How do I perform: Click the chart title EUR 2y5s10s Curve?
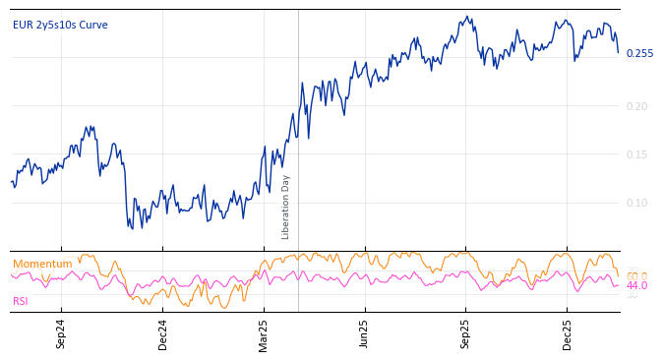pos(60,25)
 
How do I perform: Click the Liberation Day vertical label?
pos(285,207)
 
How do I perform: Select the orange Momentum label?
pos(42,264)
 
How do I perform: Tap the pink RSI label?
pos(21,301)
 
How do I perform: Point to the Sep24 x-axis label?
pos(61,334)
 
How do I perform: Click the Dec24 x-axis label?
pos(162,334)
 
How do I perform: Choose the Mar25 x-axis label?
pos(263,334)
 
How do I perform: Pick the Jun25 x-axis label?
pos(364,334)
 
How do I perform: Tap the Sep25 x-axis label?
pos(465,334)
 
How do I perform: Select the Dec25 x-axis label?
pos(567,334)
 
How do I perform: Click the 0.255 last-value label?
pos(639,53)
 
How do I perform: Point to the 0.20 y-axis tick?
pos(637,106)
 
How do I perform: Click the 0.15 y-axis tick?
pos(637,154)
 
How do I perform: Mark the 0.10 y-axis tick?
pos(637,203)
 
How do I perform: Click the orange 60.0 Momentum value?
pos(637,276)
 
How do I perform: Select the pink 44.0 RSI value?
pos(637,285)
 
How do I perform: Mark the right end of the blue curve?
pos(618,52)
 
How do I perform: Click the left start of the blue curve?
pos(12,182)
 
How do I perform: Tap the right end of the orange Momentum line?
pos(618,276)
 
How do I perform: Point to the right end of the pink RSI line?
pos(618,285)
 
